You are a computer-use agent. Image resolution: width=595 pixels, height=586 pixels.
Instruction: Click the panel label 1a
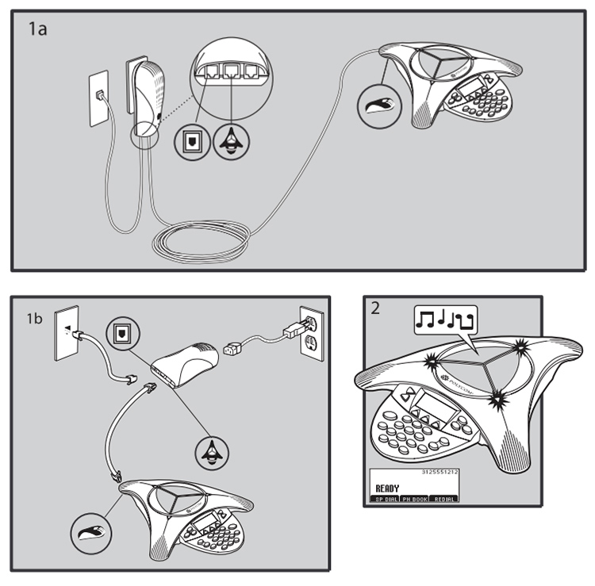click(x=38, y=30)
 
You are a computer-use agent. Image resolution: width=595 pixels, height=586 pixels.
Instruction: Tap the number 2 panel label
click(x=374, y=308)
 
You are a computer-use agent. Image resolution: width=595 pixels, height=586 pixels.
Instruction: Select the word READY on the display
click(x=388, y=488)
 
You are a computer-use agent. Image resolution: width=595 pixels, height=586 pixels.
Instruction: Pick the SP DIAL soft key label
click(x=386, y=499)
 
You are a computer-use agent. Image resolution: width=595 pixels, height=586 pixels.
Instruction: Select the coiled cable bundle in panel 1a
click(x=202, y=238)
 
